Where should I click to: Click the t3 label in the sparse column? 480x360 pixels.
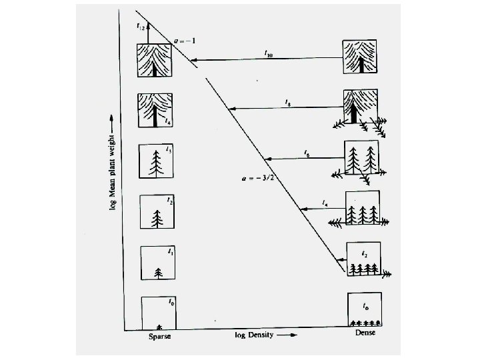point(169,151)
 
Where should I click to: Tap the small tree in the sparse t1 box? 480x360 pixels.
point(158,272)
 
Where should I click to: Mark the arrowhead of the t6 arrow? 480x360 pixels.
point(267,159)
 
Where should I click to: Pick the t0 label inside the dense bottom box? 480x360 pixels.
point(365,307)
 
